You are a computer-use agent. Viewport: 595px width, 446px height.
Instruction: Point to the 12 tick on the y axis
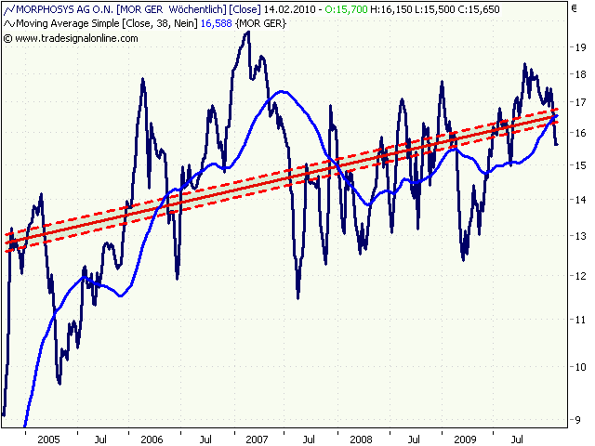(x=580, y=276)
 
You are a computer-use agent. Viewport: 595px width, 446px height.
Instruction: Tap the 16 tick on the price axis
(x=580, y=133)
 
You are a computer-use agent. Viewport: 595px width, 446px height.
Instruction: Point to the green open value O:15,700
(x=346, y=8)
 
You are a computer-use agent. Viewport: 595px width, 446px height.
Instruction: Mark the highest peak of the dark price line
(x=246, y=33)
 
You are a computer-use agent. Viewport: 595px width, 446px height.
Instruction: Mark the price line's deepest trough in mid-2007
(x=297, y=296)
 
